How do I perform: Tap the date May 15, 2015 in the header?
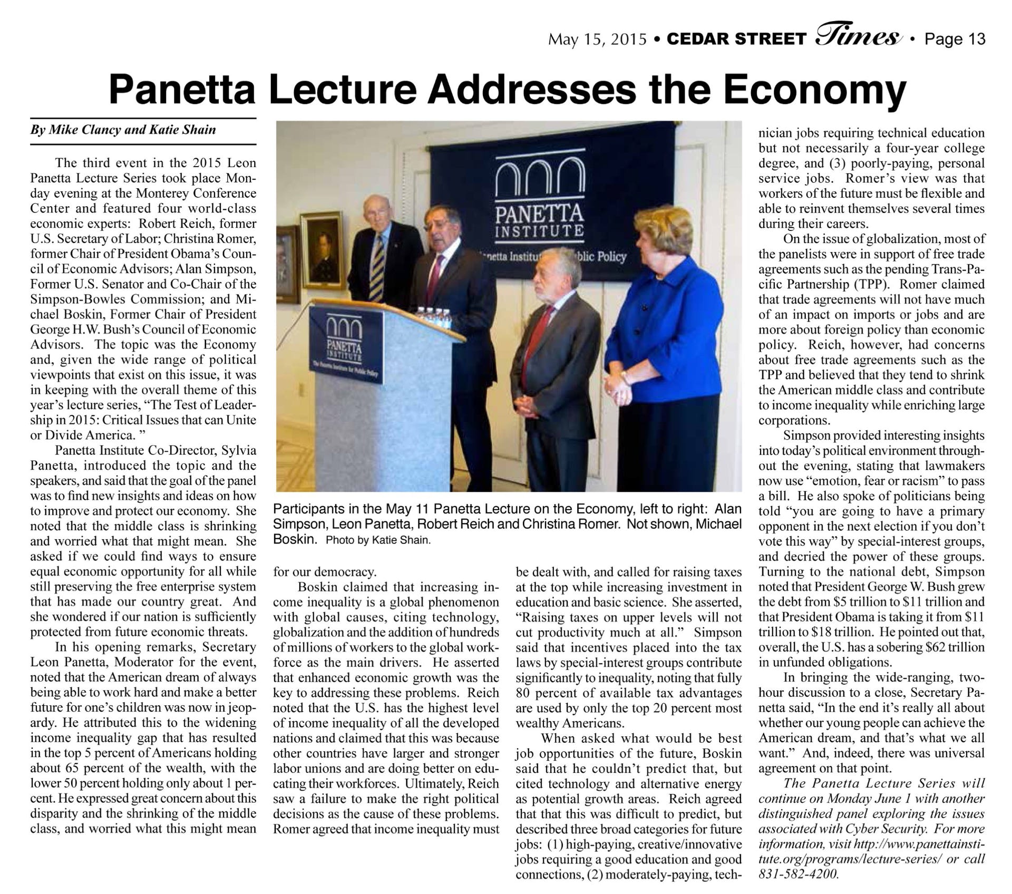pyautogui.click(x=597, y=40)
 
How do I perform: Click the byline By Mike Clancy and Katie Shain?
pyautogui.click(x=123, y=130)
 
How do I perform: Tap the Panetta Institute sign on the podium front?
pyautogui.click(x=346, y=345)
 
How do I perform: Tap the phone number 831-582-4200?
pyautogui.click(x=798, y=874)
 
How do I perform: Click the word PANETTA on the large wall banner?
pyautogui.click(x=539, y=214)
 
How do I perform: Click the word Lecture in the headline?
pyautogui.click(x=342, y=91)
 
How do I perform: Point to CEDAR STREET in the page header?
pyautogui.click(x=736, y=40)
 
